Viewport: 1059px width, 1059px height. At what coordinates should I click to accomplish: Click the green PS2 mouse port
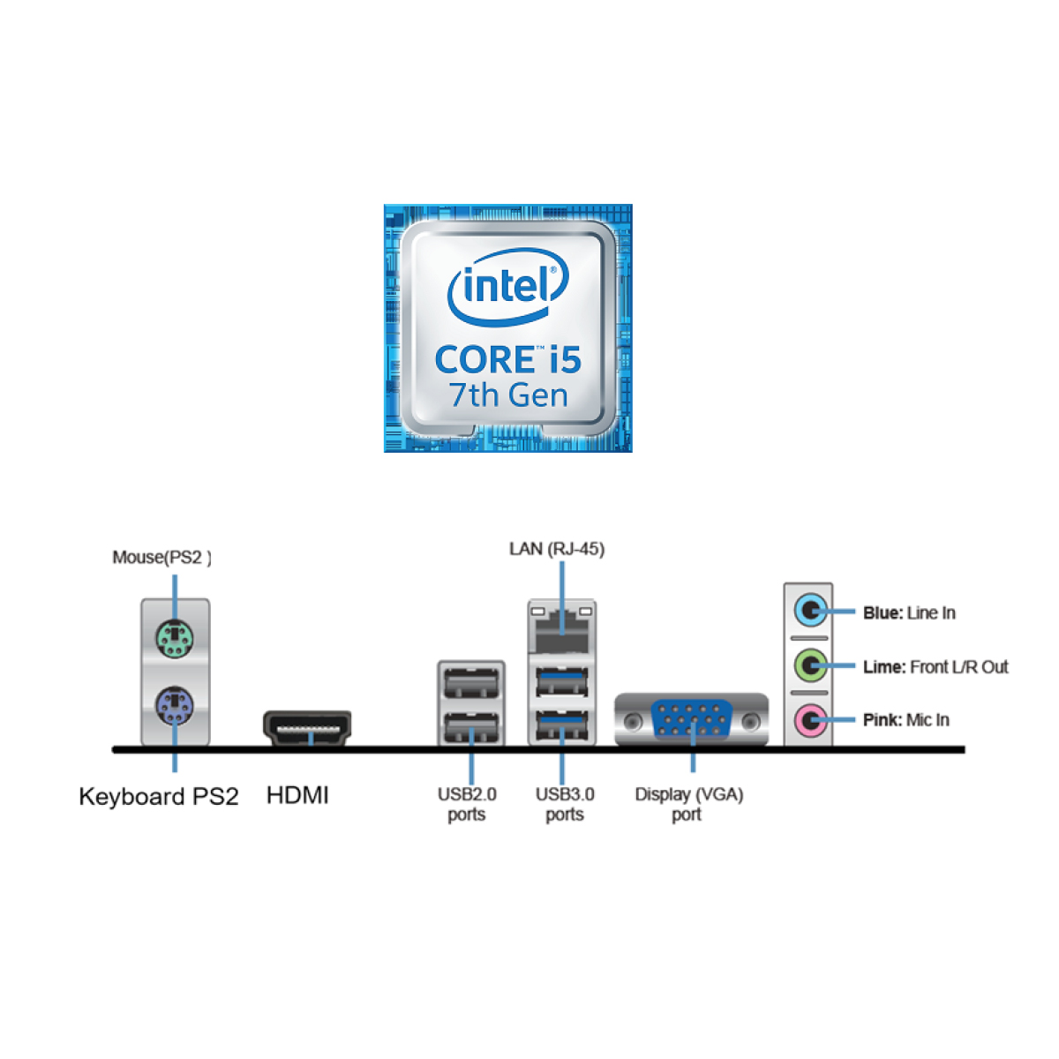tap(175, 637)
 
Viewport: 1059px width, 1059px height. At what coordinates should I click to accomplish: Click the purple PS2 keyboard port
tap(175, 707)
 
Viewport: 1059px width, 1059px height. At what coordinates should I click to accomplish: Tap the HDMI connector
tap(307, 726)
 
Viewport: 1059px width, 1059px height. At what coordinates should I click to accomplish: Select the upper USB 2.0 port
tap(471, 683)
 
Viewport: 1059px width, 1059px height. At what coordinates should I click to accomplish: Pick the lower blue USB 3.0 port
tap(562, 726)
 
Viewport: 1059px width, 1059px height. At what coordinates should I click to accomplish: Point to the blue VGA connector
tap(691, 720)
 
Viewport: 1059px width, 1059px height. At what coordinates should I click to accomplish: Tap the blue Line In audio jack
tap(810, 610)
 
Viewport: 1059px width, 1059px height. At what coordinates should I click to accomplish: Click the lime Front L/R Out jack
tap(810, 665)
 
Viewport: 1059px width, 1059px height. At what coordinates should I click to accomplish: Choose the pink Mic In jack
tap(810, 720)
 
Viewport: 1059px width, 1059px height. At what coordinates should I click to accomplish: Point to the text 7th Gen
tap(508, 395)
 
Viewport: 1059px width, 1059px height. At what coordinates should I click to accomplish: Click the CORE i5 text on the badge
tap(508, 360)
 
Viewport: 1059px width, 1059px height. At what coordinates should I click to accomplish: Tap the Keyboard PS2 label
tap(159, 797)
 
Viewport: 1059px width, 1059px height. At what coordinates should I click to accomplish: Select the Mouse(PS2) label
tap(161, 558)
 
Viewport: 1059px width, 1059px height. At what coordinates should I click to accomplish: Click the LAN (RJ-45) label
tap(557, 549)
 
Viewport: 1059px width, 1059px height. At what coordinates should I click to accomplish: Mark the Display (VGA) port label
tap(688, 804)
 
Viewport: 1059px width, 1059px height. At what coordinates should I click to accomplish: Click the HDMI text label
tap(297, 796)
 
